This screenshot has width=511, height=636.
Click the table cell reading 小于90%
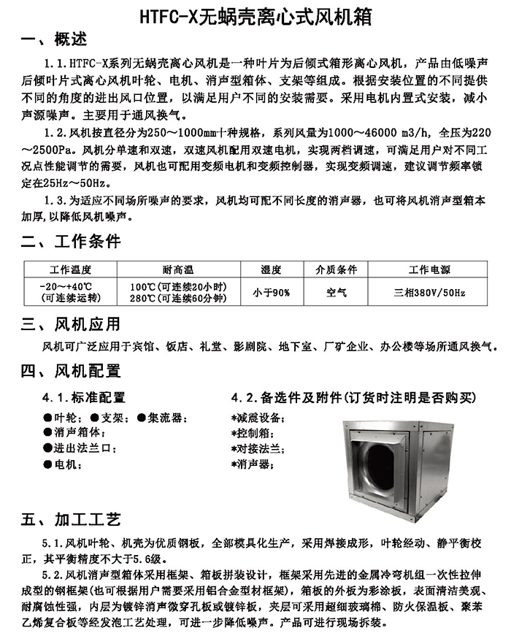coord(272,293)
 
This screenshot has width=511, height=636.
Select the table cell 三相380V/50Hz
coord(429,293)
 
